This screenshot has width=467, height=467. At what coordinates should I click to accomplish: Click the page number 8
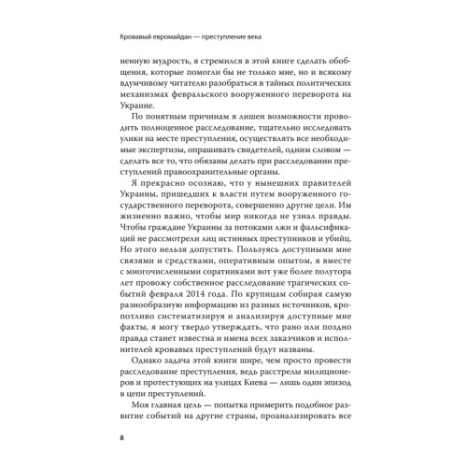pos(112,439)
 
